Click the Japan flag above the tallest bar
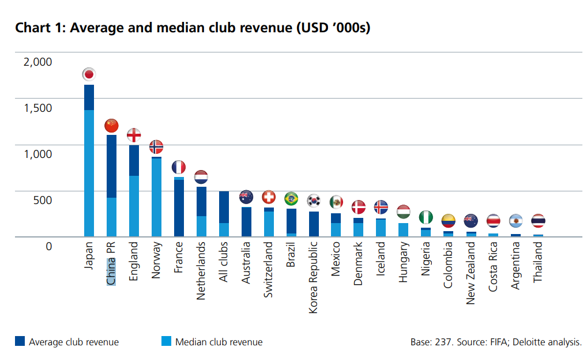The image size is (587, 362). tap(89, 74)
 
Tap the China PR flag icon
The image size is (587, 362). tap(111, 125)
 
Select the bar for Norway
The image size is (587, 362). tap(156, 196)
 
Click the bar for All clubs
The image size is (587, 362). tap(224, 213)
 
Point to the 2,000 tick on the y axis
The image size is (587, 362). tap(37, 61)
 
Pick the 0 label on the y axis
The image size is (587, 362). tap(48, 246)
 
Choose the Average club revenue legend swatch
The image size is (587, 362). tap(20, 342)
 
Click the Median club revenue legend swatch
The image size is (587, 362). tap(167, 342)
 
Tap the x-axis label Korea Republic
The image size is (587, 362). tap(314, 277)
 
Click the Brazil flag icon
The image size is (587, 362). tap(291, 199)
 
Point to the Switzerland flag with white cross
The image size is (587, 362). tap(269, 197)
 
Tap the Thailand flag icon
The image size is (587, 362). tap(537, 220)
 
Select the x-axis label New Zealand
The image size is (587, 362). tap(471, 273)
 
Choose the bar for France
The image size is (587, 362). tap(179, 208)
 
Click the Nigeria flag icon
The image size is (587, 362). tap(426, 217)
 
